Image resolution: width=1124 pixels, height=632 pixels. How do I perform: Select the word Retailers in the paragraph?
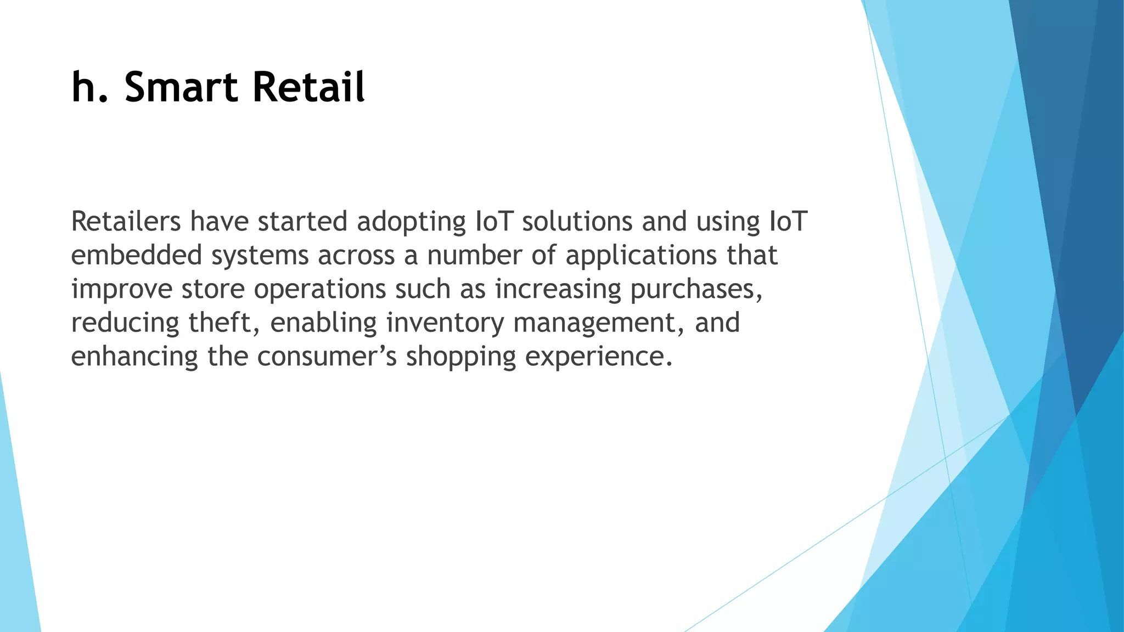126,221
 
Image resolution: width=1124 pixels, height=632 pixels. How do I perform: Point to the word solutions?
577,221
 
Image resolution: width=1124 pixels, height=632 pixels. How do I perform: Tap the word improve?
122,290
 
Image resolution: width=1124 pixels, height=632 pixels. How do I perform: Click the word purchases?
695,290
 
